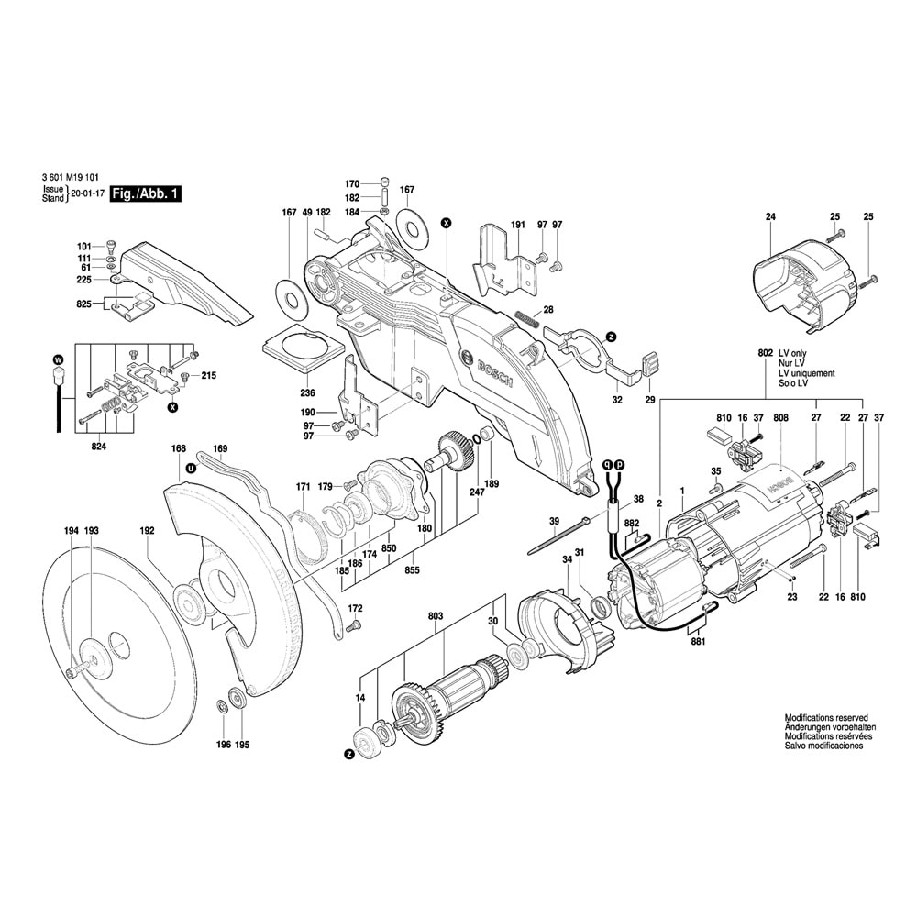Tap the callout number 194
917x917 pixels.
point(71,531)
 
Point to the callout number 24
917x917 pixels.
point(770,216)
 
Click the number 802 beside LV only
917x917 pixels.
point(766,353)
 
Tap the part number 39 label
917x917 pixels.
point(554,521)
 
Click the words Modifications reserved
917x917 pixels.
point(825,718)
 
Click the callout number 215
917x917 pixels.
point(208,376)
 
